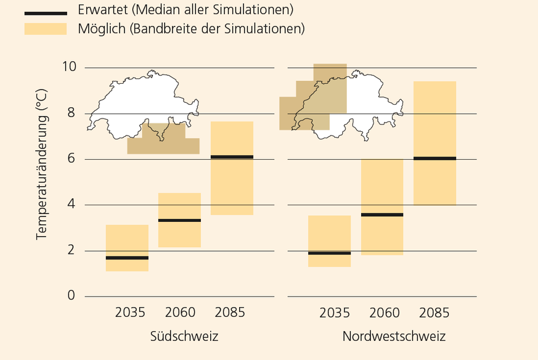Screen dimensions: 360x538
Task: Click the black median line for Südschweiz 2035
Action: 127,258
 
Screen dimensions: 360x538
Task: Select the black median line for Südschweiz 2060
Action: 179,220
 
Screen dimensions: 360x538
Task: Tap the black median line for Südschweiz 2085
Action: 232,157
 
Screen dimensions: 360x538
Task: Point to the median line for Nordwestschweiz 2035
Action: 329,253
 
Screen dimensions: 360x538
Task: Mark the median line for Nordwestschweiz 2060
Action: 382,215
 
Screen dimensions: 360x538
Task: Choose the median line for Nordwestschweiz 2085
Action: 434,158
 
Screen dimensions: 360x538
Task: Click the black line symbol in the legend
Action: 46,13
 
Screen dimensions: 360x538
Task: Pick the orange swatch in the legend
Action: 46,29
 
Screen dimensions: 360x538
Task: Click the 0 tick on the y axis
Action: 71,296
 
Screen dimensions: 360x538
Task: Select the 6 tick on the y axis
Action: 71,159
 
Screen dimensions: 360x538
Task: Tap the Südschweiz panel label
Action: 184,337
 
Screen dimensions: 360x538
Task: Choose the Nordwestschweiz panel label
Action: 394,337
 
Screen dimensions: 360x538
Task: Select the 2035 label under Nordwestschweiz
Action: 335,313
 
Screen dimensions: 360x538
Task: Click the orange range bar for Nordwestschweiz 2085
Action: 434,111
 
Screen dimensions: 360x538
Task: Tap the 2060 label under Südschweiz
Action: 180,313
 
